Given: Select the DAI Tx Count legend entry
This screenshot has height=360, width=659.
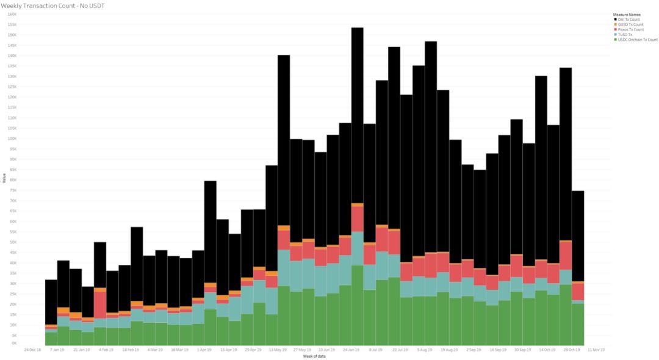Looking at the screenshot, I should click(628, 20).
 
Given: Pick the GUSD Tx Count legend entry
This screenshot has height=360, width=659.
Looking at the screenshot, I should click(630, 24).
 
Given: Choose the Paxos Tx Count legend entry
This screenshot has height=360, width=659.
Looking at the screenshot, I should click(630, 29).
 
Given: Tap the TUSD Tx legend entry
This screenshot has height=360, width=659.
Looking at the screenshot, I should click(626, 35).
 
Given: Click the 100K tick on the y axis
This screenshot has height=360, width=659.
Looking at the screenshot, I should click(12, 139).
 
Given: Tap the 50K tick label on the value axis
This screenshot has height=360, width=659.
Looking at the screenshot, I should click(13, 242).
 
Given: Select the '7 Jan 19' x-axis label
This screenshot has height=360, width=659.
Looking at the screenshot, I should click(57, 350).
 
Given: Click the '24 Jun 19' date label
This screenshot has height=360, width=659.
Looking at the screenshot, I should click(351, 350).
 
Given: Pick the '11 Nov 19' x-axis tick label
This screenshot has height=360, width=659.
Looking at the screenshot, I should click(596, 350).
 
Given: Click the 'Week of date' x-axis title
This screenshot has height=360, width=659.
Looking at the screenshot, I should click(315, 356).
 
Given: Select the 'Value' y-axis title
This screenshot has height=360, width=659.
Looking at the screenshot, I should click(4, 179).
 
